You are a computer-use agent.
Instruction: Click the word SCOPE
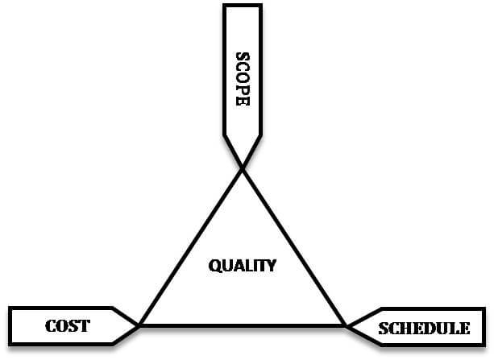point(243,79)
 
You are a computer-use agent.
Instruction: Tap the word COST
point(68,326)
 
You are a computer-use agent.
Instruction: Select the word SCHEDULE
point(424,329)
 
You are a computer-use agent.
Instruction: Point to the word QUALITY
point(243,266)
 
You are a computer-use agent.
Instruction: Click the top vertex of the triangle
point(243,168)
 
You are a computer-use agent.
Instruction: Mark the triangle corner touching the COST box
point(139,325)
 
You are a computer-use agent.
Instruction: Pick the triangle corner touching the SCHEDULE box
point(346,325)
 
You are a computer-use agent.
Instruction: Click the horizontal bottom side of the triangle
point(243,325)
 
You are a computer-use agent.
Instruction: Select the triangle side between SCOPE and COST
point(191,247)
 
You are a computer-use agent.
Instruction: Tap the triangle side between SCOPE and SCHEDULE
point(294,247)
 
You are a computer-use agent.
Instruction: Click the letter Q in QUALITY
point(214,266)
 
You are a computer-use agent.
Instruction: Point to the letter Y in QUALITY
point(271,266)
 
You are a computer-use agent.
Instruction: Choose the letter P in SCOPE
point(243,89)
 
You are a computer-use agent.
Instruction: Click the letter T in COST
point(84,326)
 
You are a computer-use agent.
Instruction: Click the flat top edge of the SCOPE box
point(243,6)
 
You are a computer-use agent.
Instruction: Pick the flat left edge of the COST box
point(10,326)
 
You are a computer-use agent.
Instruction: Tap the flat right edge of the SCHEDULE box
point(484,327)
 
